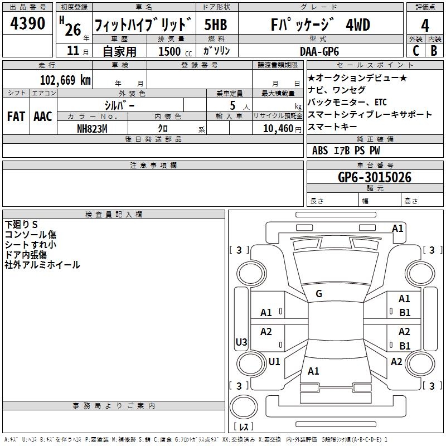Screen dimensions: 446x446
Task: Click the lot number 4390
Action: (27, 23)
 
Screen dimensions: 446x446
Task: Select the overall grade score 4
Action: (425, 26)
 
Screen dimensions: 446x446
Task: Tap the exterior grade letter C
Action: (416, 51)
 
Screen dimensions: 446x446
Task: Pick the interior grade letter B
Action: (434, 51)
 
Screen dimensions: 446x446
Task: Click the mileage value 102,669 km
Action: (65, 80)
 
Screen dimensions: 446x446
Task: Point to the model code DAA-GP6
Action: (319, 51)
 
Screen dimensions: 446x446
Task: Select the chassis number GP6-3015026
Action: (375, 177)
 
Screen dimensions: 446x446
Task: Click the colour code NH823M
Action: (92, 129)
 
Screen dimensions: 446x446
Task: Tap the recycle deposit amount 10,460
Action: (278, 129)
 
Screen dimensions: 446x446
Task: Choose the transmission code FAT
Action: (16, 117)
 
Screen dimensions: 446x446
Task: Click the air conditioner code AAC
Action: (43, 117)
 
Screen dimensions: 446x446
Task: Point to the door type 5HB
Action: (216, 25)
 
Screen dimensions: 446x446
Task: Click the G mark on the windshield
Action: (319, 294)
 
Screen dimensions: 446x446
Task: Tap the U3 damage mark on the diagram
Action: (241, 342)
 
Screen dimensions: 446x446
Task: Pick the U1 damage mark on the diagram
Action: (274, 361)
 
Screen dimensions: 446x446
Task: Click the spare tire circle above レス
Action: (244, 407)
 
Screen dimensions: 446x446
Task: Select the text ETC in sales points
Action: (381, 102)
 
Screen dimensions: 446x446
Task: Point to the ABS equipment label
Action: (320, 151)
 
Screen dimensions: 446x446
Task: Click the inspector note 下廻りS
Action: (21, 225)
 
